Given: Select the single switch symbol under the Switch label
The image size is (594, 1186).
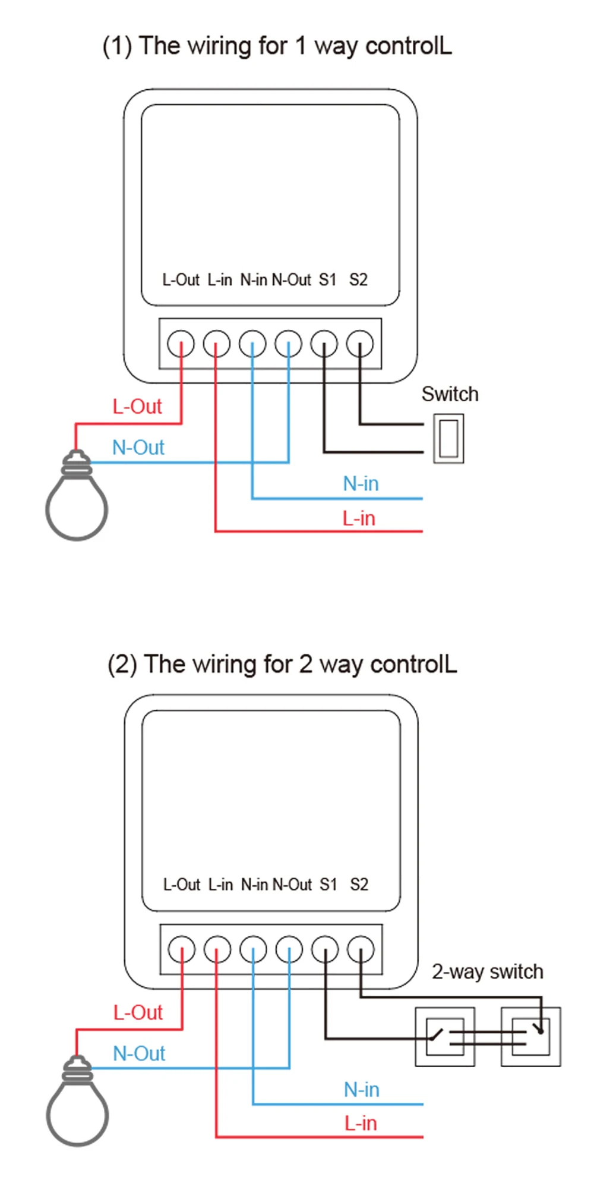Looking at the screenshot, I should click(448, 439).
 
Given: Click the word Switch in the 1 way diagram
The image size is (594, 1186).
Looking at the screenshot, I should click(450, 394).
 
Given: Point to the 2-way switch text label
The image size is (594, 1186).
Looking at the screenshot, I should click(487, 972).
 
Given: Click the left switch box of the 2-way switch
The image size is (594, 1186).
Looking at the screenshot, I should click(444, 1037).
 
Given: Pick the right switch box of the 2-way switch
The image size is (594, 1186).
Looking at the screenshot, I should click(530, 1037).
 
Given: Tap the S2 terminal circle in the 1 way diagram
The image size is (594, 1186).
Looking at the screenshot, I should click(360, 344).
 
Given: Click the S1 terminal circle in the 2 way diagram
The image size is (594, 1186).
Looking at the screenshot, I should click(326, 949).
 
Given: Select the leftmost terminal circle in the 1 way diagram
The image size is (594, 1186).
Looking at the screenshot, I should click(181, 344).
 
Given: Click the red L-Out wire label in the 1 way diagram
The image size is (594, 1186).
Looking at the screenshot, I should click(137, 407).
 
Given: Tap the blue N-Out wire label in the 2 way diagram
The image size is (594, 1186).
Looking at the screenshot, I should click(139, 1053).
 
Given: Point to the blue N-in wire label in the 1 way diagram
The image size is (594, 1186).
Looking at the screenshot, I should click(361, 484).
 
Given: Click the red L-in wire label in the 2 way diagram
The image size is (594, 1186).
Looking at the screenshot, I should click(361, 1123).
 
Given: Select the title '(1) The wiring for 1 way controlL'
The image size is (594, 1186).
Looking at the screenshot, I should click(277, 46).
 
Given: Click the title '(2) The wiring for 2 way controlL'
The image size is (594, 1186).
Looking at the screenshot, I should click(282, 664).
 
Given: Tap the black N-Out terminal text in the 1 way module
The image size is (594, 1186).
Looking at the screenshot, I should click(291, 279).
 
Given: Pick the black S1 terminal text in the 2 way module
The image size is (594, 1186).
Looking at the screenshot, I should click(328, 885).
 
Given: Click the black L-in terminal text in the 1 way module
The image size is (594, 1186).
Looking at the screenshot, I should click(219, 279).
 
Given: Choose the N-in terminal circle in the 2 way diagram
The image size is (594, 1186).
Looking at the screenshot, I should click(254, 949).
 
